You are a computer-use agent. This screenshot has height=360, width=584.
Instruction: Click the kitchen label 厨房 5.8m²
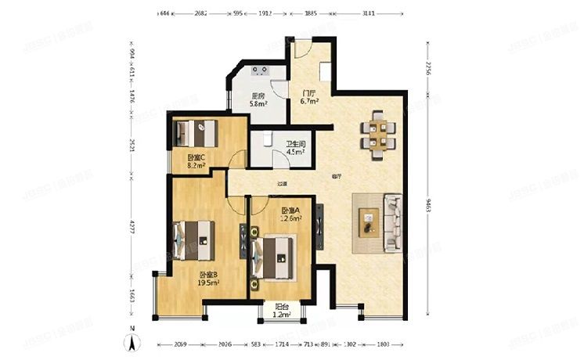[x=258, y=99]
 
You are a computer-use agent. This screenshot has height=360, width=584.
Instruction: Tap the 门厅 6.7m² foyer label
[x=308, y=96]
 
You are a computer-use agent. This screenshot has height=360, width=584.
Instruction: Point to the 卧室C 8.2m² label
[x=196, y=161]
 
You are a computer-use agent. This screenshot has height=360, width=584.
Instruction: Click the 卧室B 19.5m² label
[x=208, y=279]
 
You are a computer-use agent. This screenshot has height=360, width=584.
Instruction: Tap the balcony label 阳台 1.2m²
[x=281, y=311]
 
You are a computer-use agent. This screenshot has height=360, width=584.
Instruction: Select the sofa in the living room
[x=392, y=224]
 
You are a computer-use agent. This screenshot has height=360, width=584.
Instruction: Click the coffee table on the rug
[x=367, y=224]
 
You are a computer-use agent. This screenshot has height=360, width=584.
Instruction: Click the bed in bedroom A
[x=275, y=254]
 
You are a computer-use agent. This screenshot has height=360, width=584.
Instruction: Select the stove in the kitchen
[x=259, y=71]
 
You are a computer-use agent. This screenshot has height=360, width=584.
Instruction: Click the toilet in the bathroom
[x=267, y=139]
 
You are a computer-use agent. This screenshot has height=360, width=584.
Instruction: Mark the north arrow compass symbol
[x=134, y=341]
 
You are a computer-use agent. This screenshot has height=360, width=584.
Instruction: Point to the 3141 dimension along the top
[x=368, y=13]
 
